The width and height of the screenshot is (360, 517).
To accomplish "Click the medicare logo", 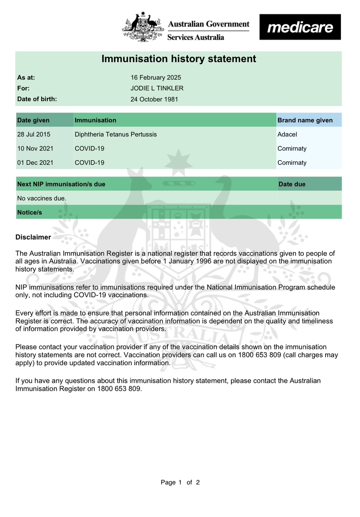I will pyautogui.click(x=300, y=27).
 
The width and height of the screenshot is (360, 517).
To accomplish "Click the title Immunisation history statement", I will pyautogui.click(x=178, y=59).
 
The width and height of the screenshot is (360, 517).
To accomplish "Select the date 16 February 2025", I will pyautogui.click(x=156, y=78).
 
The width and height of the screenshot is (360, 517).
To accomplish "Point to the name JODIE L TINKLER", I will pyautogui.click(x=157, y=88).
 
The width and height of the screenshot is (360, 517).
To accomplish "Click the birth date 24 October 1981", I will pyautogui.click(x=154, y=99).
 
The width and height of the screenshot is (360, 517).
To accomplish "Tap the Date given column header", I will pyautogui.click(x=34, y=120).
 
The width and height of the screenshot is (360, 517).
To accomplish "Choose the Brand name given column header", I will pyautogui.click(x=305, y=120).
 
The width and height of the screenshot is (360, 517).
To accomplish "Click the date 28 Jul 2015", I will pyautogui.click(x=34, y=134).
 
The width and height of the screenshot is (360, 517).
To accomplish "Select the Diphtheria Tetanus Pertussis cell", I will pyautogui.click(x=116, y=134).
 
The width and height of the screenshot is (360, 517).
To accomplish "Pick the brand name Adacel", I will pyautogui.click(x=287, y=134).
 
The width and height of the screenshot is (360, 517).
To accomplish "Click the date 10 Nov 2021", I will pyautogui.click(x=35, y=148).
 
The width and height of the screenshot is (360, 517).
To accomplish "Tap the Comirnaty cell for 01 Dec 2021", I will pyautogui.click(x=292, y=163).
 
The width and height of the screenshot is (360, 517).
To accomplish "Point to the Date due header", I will pyautogui.click(x=292, y=184).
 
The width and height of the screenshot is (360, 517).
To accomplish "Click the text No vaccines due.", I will pyautogui.click(x=42, y=198).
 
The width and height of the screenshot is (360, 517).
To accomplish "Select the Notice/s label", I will pyautogui.click(x=30, y=212).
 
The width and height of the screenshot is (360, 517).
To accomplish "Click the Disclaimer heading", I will pyautogui.click(x=33, y=237).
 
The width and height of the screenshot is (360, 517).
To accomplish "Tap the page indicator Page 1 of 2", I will pyautogui.click(x=180, y=482).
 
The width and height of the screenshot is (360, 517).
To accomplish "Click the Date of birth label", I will pyautogui.click(x=37, y=99).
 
